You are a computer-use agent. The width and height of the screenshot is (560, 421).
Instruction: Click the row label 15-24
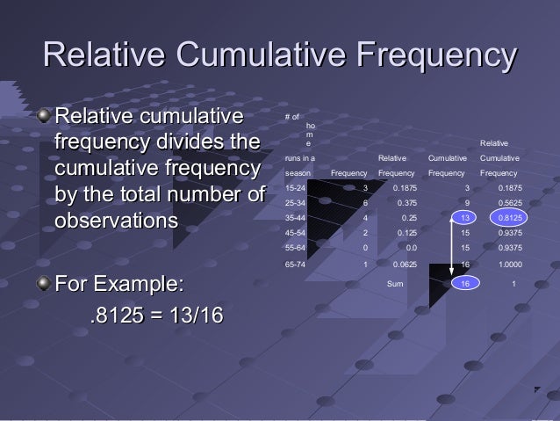click(x=296, y=187)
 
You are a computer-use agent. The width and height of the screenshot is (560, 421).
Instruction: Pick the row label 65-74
click(x=296, y=263)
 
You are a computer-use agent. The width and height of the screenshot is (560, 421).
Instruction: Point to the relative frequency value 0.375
click(x=406, y=202)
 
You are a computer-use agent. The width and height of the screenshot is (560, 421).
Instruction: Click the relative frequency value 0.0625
click(x=404, y=263)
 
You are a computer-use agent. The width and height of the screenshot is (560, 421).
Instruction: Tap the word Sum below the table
click(x=396, y=284)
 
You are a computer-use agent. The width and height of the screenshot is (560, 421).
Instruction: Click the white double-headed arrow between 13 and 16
click(x=452, y=250)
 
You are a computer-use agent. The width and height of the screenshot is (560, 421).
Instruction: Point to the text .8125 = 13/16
click(x=150, y=314)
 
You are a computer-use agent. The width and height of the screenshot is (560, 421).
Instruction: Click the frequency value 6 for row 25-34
click(x=365, y=202)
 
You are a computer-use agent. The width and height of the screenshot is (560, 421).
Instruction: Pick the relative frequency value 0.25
click(x=409, y=218)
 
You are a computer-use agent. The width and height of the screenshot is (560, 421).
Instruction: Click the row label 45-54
click(x=296, y=233)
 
